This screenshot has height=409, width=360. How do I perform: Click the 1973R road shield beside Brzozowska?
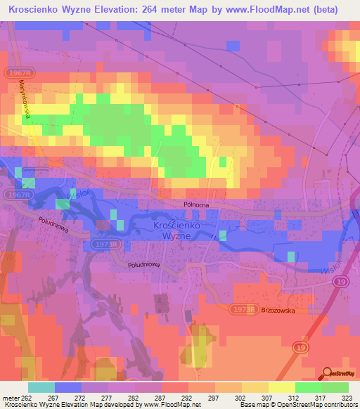(243, 309)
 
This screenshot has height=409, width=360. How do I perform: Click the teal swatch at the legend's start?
(41, 387)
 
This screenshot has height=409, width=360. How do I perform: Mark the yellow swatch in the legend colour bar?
(281, 387)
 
